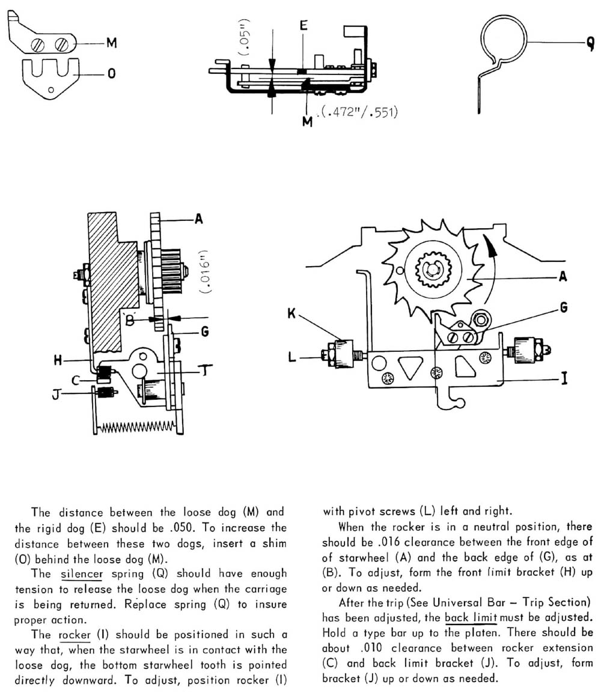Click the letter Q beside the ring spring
590,43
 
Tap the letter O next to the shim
112,74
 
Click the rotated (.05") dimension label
245,38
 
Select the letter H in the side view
59,360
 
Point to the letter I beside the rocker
564,379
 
